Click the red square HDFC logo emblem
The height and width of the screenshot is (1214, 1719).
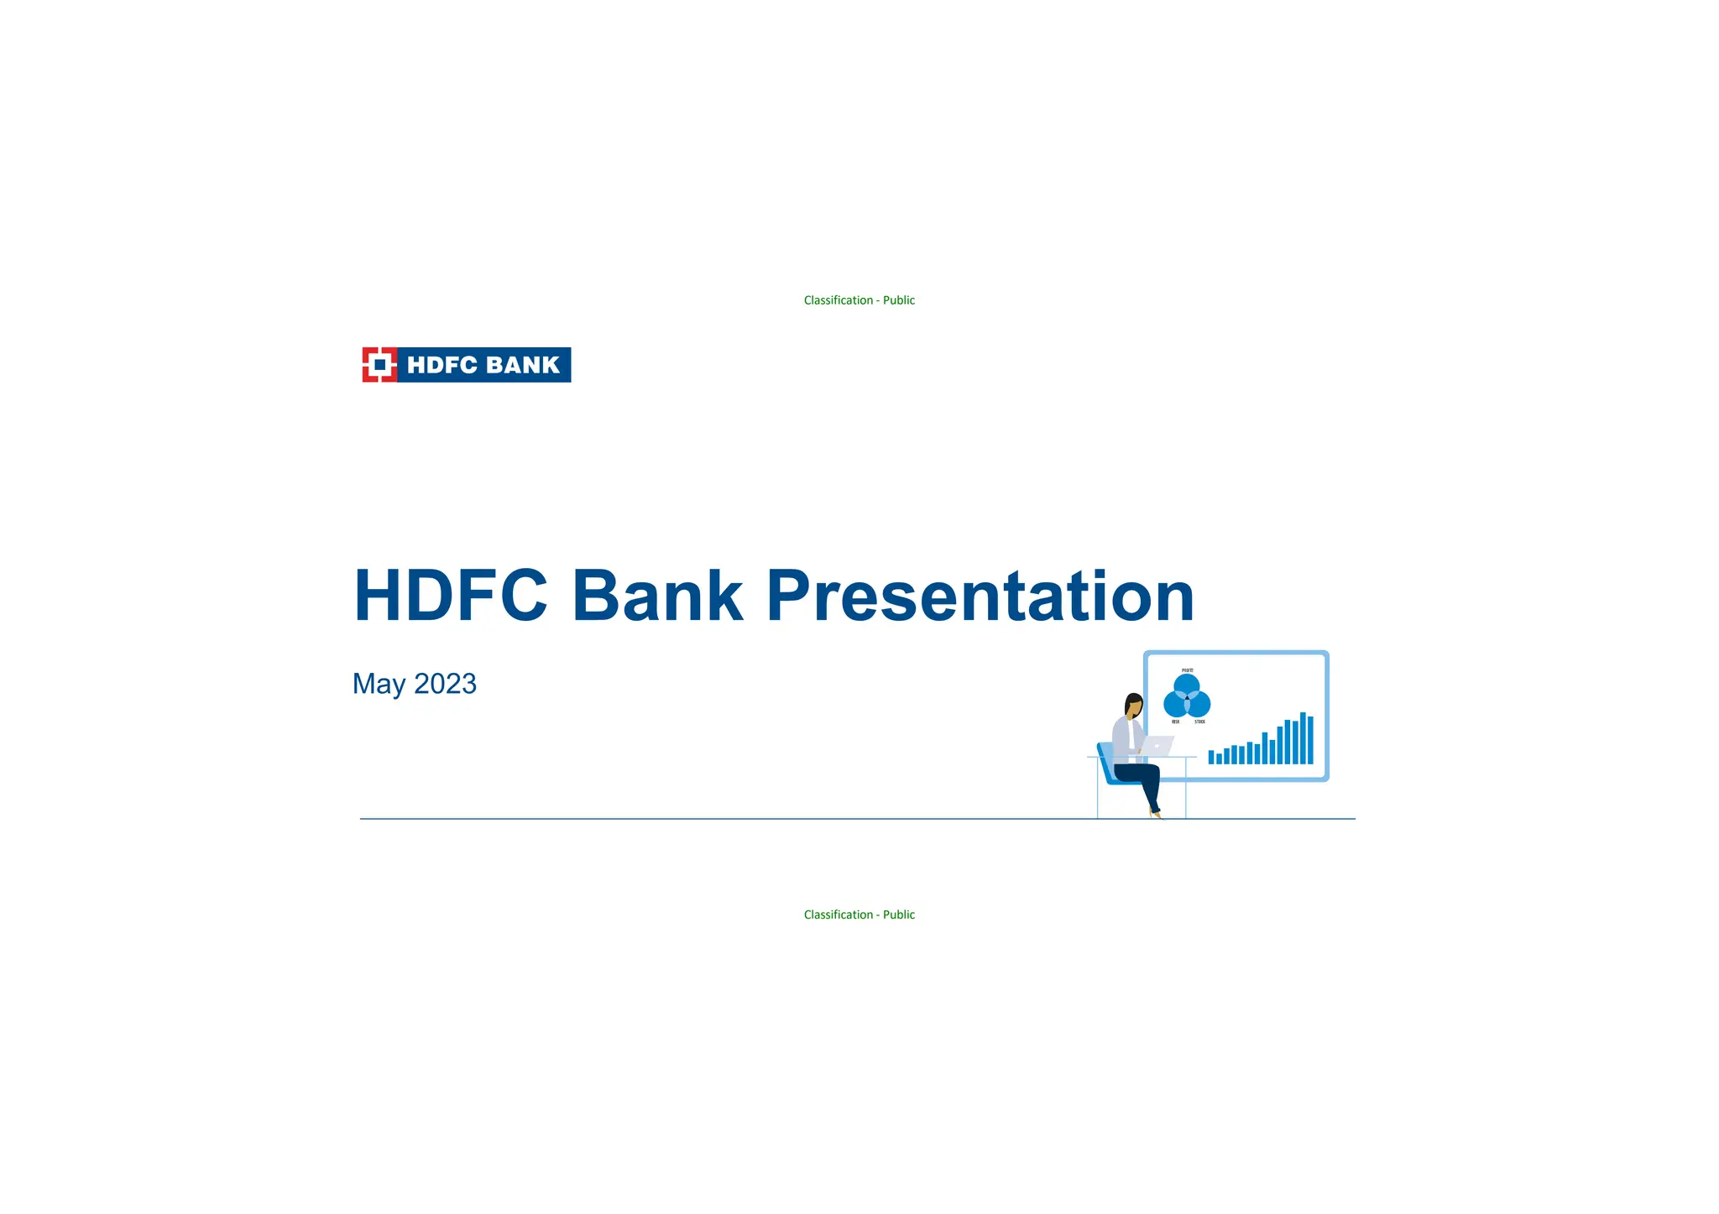coord(379,365)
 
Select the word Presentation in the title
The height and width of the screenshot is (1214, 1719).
coord(980,596)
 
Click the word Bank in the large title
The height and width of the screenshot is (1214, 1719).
coord(657,596)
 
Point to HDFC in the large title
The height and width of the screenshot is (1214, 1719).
coord(451,596)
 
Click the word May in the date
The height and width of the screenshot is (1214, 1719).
coord(379,685)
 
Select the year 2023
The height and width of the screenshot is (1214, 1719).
coord(445,684)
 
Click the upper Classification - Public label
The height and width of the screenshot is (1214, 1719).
coord(859,300)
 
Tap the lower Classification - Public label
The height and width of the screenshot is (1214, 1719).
coord(859,914)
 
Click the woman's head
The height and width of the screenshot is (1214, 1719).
coord(1134,705)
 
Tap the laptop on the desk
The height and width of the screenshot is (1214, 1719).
coord(1157,746)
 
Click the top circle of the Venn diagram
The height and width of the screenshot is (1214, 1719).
coord(1187,687)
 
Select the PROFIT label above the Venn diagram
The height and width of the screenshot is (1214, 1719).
coord(1188,670)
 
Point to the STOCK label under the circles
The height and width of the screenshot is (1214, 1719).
coord(1199,722)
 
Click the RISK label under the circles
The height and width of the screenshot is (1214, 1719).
coord(1175,722)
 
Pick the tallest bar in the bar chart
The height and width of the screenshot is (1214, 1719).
coord(1303,738)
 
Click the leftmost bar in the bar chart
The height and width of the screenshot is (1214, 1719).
coord(1211,757)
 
